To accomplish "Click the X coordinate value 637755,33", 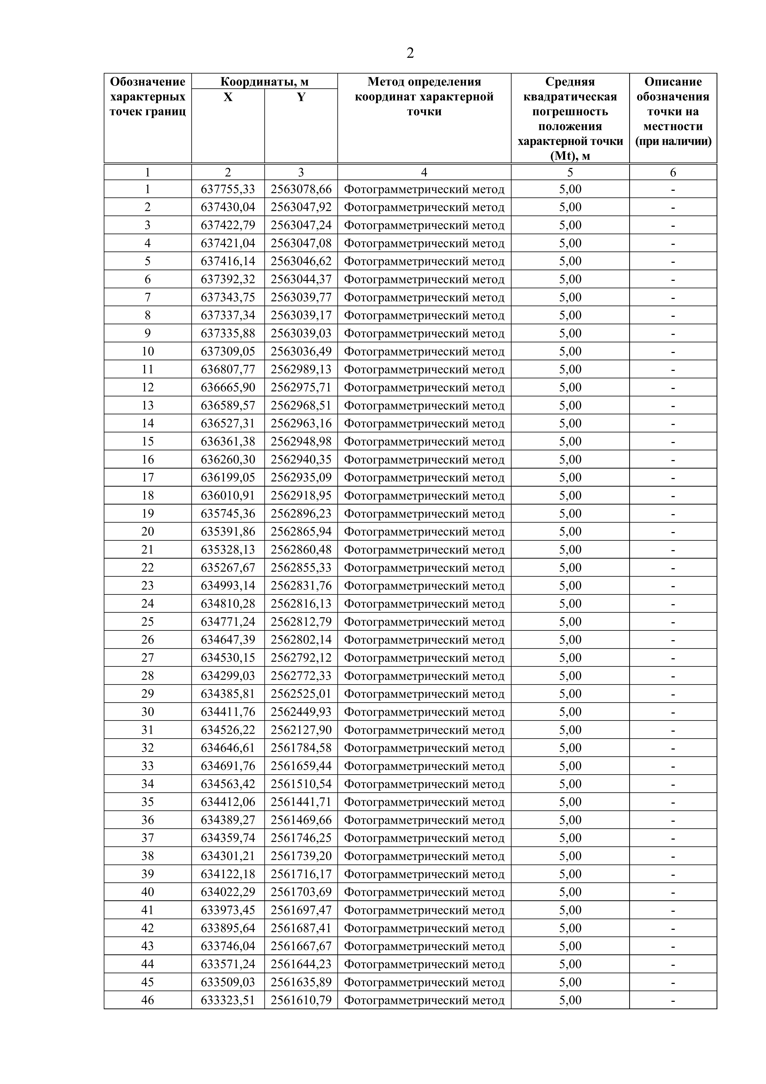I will [x=228, y=189].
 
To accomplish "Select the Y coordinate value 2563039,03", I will [x=301, y=333].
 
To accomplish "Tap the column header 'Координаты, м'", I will [x=264, y=82].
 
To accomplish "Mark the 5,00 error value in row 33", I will [x=570, y=766].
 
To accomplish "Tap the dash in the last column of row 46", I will [x=673, y=1000].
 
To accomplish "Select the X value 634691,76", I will [x=228, y=766].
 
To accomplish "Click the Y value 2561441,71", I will [x=301, y=802].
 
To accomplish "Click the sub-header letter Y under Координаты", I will [x=301, y=97].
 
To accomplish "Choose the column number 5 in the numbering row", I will [x=570, y=172].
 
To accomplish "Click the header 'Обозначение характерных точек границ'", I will [x=148, y=97].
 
